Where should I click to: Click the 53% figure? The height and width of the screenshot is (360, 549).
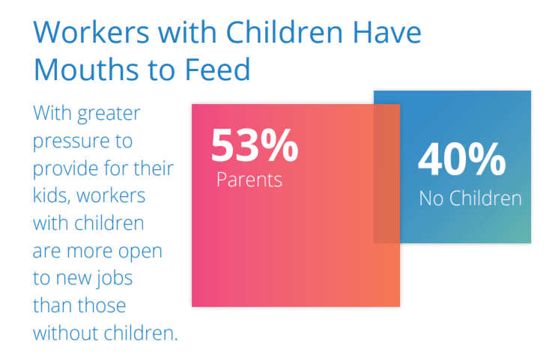(x=255, y=145)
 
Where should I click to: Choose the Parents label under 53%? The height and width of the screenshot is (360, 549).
(x=249, y=180)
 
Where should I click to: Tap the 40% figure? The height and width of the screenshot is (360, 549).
(x=461, y=159)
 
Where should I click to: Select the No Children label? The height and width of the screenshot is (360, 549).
(x=470, y=198)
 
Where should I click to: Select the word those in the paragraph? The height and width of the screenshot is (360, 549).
(x=100, y=305)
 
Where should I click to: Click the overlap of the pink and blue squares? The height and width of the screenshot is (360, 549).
(x=386, y=173)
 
